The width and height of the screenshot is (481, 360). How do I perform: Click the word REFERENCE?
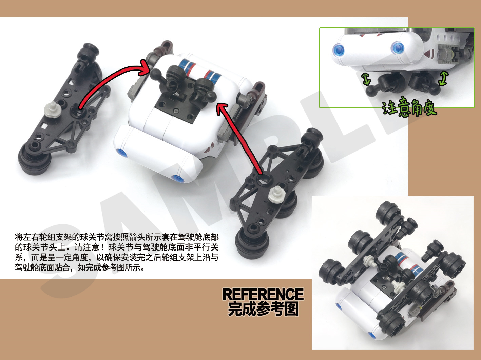(x=263, y=294)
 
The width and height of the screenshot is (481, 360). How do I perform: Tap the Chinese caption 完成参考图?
(x=263, y=309)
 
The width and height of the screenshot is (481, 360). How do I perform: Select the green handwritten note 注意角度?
(x=409, y=107)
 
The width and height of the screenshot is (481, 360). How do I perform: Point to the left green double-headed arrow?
(x=366, y=79)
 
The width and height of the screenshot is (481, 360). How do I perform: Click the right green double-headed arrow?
(x=443, y=78)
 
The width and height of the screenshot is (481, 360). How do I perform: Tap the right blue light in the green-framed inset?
(x=397, y=48)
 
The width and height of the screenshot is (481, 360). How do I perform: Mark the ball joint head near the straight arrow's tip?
(x=210, y=96)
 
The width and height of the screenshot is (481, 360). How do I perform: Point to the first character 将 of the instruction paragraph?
(x=19, y=237)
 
